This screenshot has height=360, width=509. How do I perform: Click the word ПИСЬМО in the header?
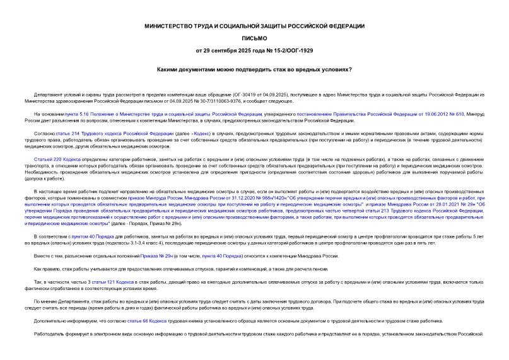[254, 37]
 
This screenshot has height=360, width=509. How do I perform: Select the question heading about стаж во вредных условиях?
[254, 69]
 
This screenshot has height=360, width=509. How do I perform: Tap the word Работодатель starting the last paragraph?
[50, 335]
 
